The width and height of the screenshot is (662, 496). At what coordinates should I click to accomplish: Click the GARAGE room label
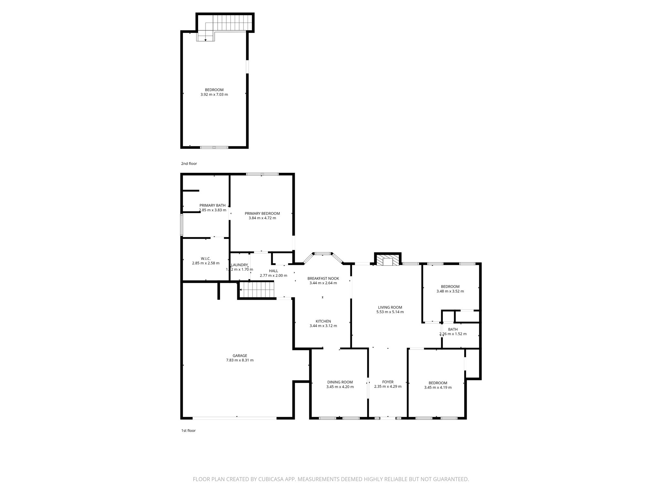pyautogui.click(x=240, y=356)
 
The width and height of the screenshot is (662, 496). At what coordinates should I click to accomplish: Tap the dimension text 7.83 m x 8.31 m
pyautogui.click(x=240, y=360)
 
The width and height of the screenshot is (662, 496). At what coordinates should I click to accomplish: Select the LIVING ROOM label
pyautogui.click(x=390, y=307)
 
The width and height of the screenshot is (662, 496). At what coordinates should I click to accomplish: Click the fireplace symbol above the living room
pyautogui.click(x=388, y=261)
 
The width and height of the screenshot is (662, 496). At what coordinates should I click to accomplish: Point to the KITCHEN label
pyautogui.click(x=323, y=321)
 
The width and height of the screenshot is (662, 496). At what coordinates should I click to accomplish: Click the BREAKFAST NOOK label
pyautogui.click(x=323, y=278)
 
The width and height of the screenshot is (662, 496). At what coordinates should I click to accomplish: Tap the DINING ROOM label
pyautogui.click(x=340, y=382)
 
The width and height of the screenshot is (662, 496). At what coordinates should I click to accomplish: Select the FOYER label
pyautogui.click(x=388, y=382)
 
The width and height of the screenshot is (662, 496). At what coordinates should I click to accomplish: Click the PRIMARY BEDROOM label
pyautogui.click(x=262, y=213)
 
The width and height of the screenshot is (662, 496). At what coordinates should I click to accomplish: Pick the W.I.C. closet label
pyautogui.click(x=206, y=259)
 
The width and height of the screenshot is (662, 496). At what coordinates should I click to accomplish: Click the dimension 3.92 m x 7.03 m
pyautogui.click(x=214, y=95)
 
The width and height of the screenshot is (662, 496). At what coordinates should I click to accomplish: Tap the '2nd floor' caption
pyautogui.click(x=189, y=164)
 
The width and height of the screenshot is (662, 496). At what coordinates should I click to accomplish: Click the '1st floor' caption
pyautogui.click(x=188, y=430)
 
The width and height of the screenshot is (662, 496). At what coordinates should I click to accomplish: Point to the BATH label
pyautogui.click(x=453, y=329)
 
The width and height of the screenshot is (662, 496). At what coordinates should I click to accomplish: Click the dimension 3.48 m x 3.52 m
pyautogui.click(x=450, y=291)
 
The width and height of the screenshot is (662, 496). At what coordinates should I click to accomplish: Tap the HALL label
pyautogui.click(x=273, y=271)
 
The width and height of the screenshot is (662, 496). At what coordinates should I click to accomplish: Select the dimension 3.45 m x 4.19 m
pyautogui.click(x=438, y=387)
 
